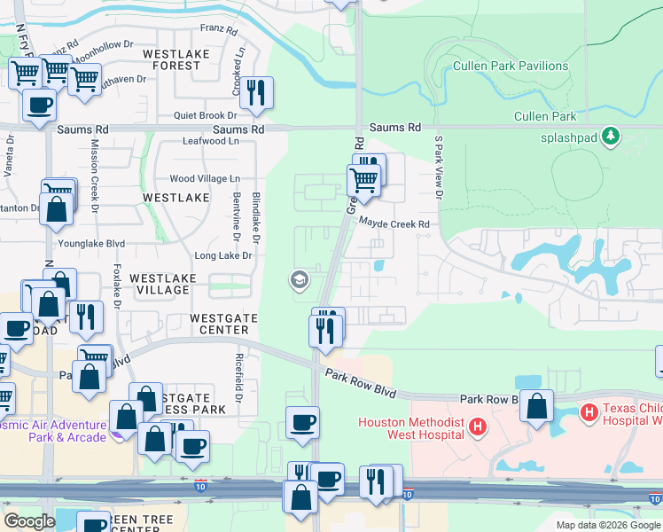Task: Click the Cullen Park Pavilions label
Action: (510, 66)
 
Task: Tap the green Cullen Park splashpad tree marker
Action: (610, 136)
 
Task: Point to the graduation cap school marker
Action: (299, 280)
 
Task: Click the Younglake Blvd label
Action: (92, 243)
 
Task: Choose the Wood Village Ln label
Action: (205, 179)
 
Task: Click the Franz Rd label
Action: (220, 30)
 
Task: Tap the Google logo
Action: (29, 521)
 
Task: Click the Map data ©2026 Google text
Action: (607, 525)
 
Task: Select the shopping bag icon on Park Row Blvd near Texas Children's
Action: (536, 407)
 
